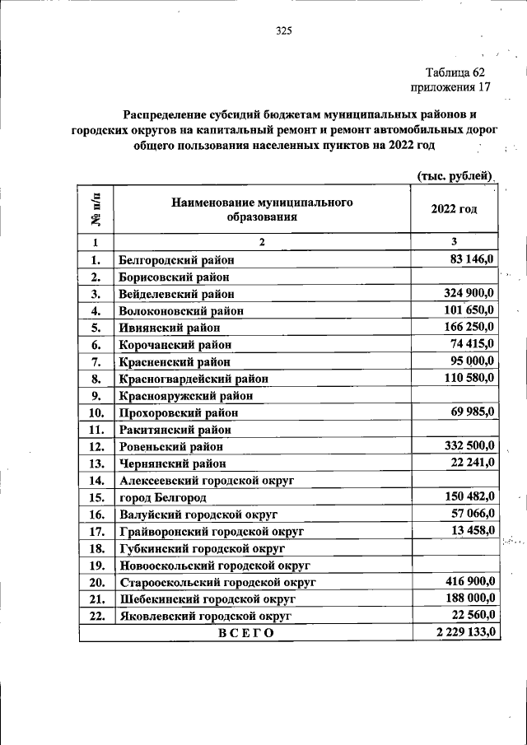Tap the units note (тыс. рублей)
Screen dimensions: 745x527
(455, 175)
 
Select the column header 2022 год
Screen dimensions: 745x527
(454, 209)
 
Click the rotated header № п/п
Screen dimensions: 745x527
(96, 208)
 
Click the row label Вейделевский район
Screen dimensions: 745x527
(176, 293)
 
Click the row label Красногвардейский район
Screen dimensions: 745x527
(194, 379)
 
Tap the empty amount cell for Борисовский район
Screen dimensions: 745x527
(454, 277)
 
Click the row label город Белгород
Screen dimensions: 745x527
(163, 497)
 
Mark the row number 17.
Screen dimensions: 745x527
(96, 531)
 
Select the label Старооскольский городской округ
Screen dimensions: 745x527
(218, 582)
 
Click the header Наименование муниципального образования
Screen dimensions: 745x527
(262, 209)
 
